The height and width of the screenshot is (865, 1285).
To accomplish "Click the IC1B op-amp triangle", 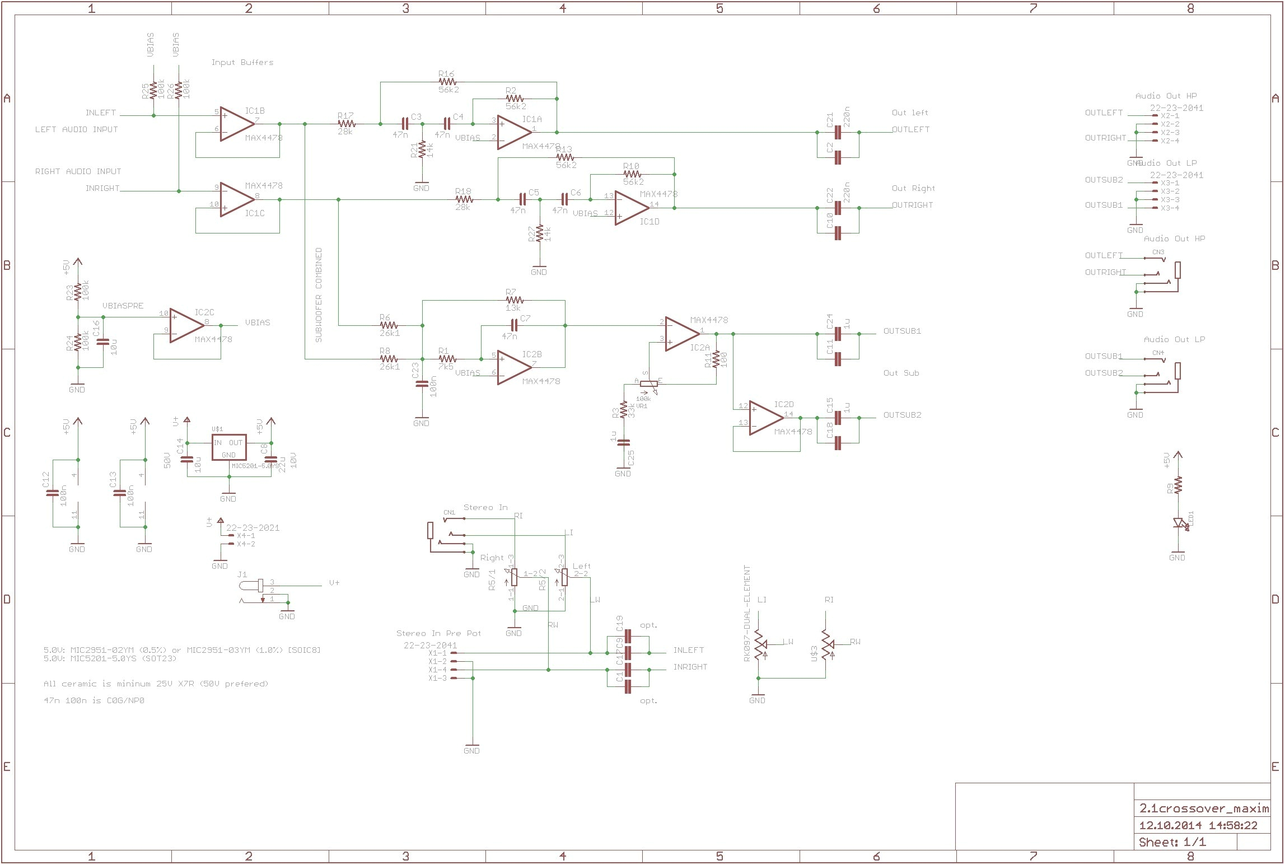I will point(236,124).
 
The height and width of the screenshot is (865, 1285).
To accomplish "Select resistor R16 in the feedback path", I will point(447,82).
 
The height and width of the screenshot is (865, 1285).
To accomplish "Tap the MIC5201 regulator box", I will point(229,447).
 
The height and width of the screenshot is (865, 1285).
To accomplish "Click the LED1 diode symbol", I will point(1178,523).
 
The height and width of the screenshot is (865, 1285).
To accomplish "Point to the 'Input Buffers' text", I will point(242,62).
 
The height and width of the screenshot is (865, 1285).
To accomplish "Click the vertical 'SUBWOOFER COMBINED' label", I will point(319,295).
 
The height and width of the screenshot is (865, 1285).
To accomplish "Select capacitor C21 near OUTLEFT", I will point(838,132).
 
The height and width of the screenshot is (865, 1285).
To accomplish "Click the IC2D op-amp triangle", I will point(765,418).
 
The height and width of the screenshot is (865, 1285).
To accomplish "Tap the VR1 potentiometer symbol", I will point(648,384).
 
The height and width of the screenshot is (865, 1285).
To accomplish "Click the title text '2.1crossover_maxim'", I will point(1202,824).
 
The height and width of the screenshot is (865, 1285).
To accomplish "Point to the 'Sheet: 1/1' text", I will point(1172,858).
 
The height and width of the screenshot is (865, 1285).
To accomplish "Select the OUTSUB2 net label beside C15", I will point(902,415).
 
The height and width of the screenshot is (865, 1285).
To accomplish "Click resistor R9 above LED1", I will point(1178,484).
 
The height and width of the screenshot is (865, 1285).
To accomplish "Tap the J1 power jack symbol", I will point(252,586).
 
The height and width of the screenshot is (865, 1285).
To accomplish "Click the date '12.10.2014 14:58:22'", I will point(1198,841).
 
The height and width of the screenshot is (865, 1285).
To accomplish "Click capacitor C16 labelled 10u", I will point(100,341).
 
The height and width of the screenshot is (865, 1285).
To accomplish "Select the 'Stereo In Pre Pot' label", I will point(438,633).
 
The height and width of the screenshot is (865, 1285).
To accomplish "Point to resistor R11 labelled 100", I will point(716,359).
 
